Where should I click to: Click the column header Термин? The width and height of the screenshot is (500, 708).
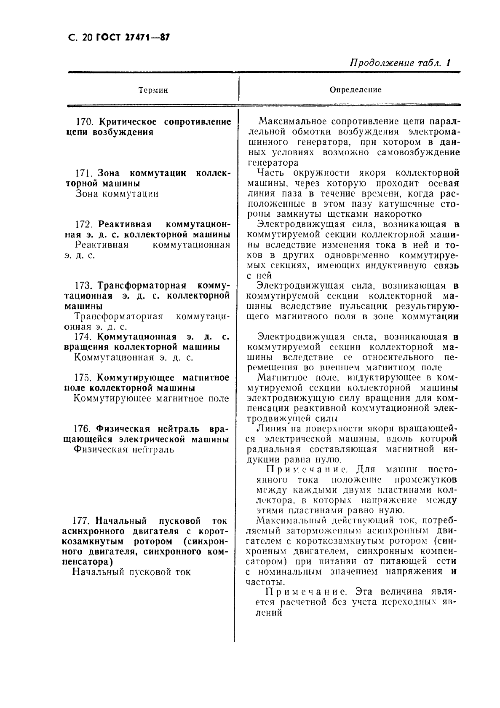pyautogui.click(x=153, y=90)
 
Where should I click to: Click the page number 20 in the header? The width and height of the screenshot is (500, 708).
pyautogui.click(x=87, y=38)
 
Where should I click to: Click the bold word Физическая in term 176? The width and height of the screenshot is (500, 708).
pyautogui.click(x=123, y=429)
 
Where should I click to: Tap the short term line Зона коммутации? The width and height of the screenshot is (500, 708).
pyautogui.click(x=117, y=194)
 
